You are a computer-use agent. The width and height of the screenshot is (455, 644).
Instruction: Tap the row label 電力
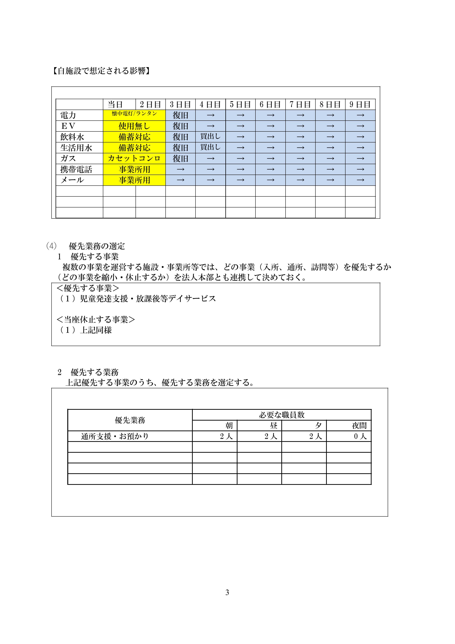pyautogui.click(x=68, y=115)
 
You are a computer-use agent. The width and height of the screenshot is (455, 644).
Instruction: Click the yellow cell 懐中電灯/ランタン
pyautogui.click(x=134, y=114)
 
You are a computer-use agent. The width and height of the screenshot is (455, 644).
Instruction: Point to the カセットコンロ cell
pyautogui.click(x=134, y=158)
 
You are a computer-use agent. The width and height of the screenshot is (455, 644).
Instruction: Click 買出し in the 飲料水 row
pyautogui.click(x=210, y=137)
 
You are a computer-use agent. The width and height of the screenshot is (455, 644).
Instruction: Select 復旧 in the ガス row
pyautogui.click(x=180, y=158)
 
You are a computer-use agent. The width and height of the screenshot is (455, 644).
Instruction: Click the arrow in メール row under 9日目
pyautogui.click(x=360, y=180)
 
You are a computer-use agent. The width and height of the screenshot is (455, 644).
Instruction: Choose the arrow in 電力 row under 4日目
pyautogui.click(x=210, y=115)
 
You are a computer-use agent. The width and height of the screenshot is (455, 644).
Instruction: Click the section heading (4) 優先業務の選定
pyautogui.click(x=86, y=246)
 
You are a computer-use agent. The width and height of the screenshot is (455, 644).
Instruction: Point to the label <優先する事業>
pyautogui.click(x=88, y=288)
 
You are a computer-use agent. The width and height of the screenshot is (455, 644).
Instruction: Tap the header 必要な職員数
pyautogui.click(x=282, y=415)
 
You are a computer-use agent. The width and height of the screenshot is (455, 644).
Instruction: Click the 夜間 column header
pyautogui.click(x=359, y=426)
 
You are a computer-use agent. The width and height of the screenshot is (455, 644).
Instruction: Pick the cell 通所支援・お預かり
pyautogui.click(x=115, y=436)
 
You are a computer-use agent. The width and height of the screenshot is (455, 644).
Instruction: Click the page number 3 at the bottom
pyautogui.click(x=227, y=592)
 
